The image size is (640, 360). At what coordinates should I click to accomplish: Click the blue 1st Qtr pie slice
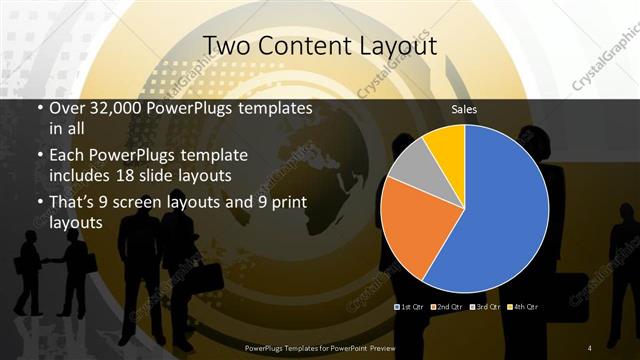[x=500, y=210]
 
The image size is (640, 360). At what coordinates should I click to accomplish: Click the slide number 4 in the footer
[x=590, y=347]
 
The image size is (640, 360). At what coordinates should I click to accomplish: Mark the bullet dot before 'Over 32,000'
[x=39, y=108]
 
